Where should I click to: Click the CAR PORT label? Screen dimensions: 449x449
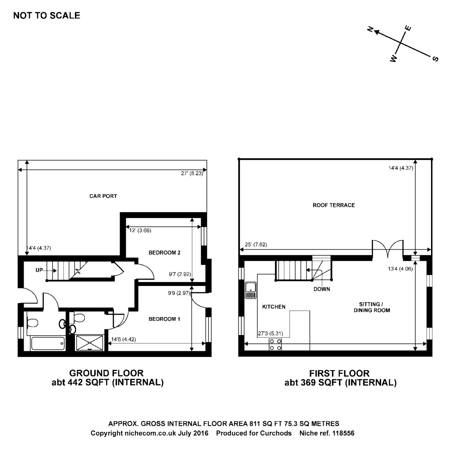[x=103, y=196]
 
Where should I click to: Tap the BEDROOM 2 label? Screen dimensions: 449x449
[x=164, y=253]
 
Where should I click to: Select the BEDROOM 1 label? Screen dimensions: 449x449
[x=164, y=319]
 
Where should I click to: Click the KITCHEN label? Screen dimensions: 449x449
[x=274, y=307]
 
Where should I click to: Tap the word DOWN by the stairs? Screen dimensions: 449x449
[x=322, y=289]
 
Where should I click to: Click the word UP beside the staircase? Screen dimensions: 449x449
[x=39, y=270]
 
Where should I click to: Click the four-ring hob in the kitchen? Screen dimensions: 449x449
[x=276, y=345]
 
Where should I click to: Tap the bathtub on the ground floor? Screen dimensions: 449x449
[x=48, y=343]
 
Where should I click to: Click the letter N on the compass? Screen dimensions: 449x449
[x=370, y=30]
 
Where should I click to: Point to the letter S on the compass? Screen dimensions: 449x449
[x=435, y=59]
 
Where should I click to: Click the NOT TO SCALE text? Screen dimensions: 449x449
[x=47, y=16]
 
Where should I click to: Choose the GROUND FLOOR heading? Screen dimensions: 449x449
[x=107, y=373]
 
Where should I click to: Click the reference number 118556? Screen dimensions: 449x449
[x=341, y=433]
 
